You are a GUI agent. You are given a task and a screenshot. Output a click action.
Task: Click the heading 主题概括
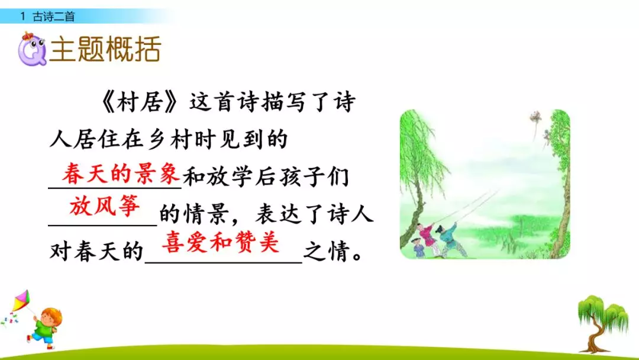(x=105, y=50)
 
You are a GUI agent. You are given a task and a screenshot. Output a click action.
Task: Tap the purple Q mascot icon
(x=30, y=49)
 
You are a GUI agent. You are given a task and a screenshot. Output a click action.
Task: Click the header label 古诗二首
(x=54, y=17)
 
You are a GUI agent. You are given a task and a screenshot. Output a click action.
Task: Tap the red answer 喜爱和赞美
(x=220, y=243)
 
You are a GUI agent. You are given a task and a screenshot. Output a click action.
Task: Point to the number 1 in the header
(x=22, y=17)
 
